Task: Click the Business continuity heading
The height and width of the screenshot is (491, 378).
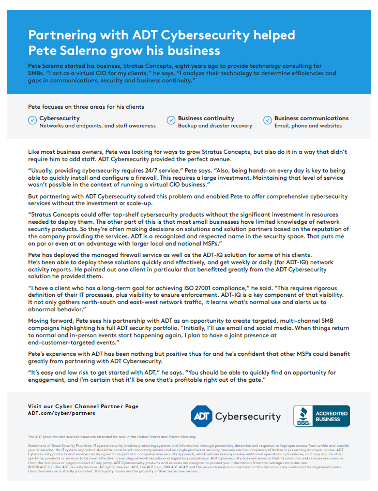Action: (x=206, y=118)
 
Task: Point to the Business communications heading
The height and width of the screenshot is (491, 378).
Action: (x=311, y=118)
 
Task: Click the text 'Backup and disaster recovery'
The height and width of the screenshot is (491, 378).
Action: (x=215, y=126)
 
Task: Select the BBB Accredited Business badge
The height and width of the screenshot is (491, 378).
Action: (x=321, y=416)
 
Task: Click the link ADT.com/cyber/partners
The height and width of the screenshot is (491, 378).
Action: (x=62, y=413)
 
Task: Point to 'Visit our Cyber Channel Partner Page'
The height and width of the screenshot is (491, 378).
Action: (x=83, y=407)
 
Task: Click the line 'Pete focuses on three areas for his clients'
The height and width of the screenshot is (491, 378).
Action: (x=86, y=107)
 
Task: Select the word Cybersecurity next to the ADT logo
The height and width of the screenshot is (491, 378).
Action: (x=248, y=416)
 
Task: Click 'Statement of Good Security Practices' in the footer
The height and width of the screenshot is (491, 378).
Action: (x=59, y=445)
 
